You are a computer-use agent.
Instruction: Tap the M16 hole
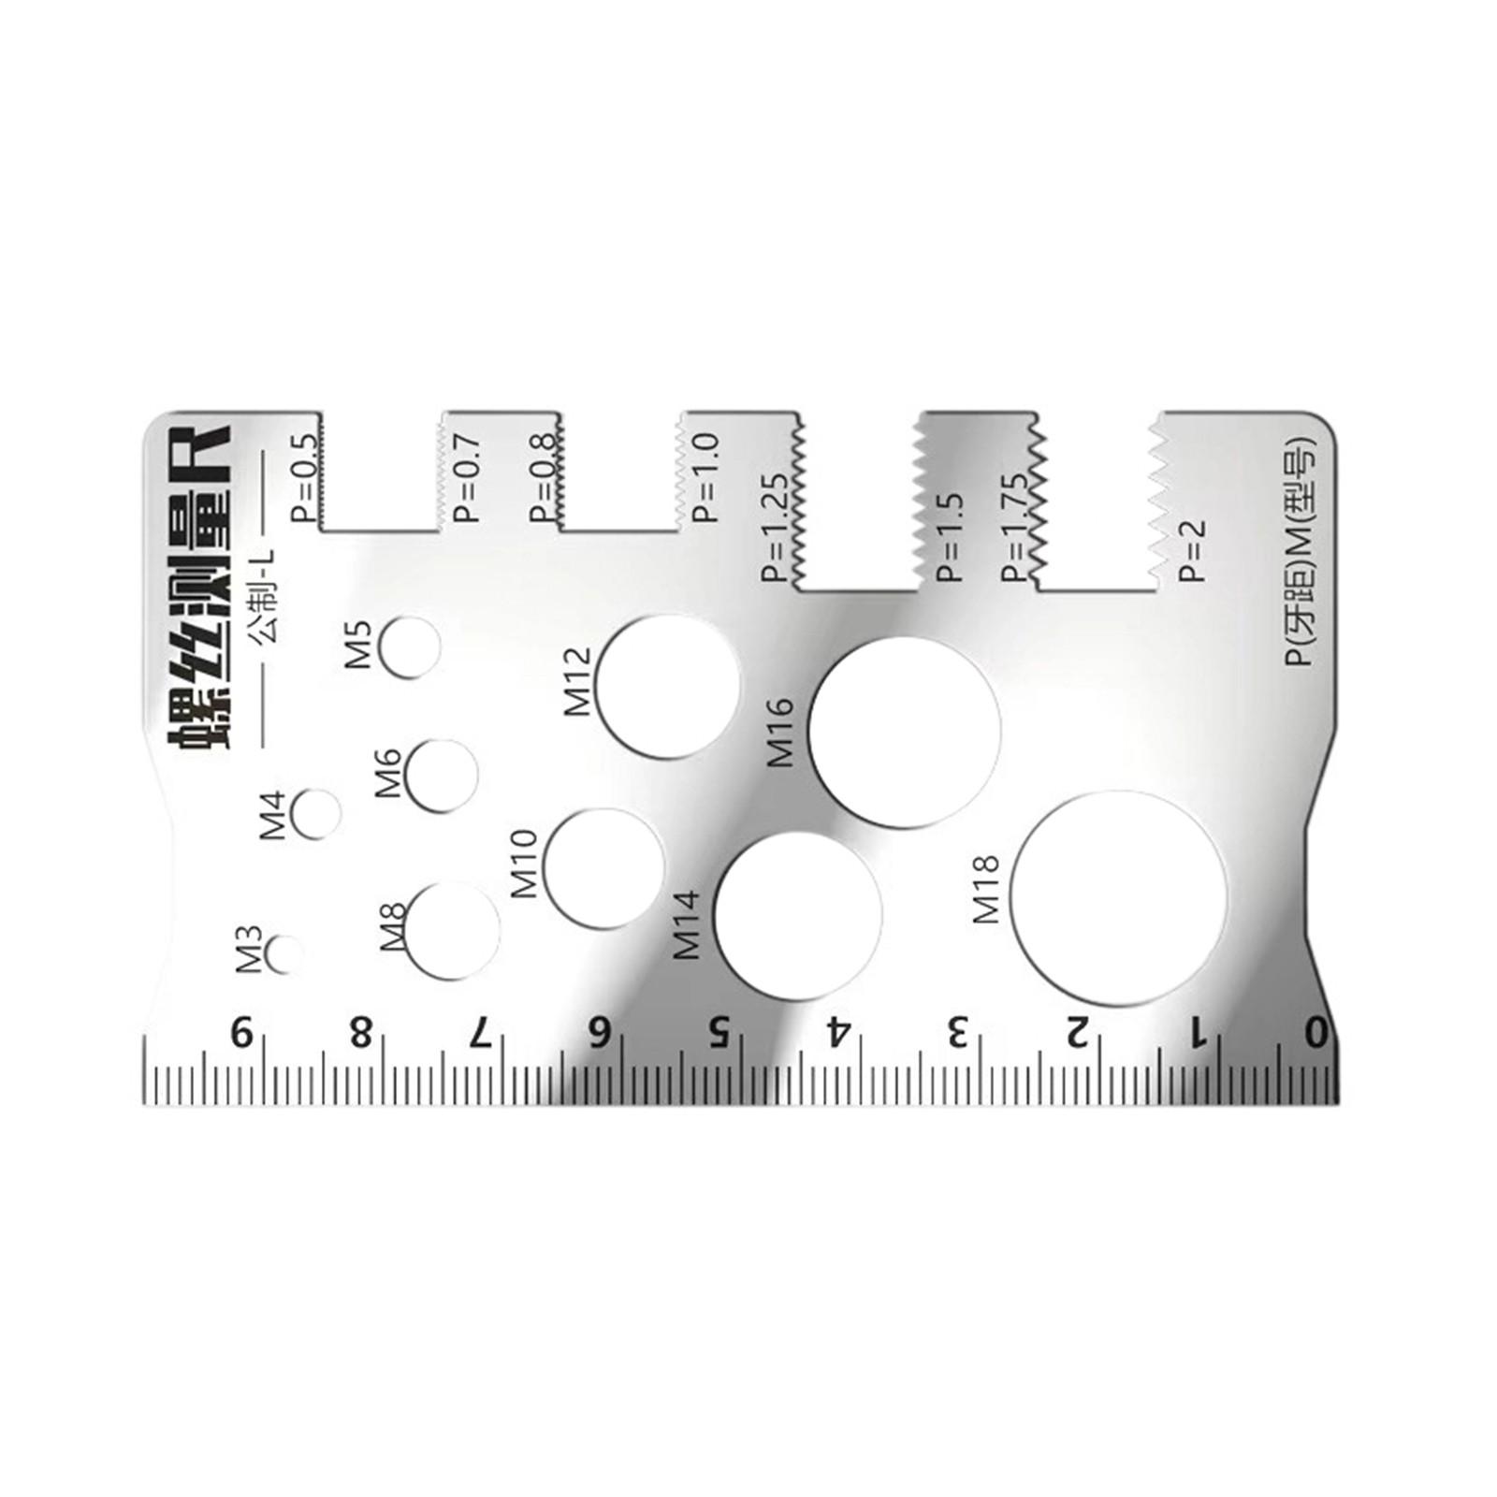(x=905, y=733)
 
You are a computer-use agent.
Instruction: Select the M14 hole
(x=798, y=914)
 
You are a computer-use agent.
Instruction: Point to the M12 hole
(x=667, y=686)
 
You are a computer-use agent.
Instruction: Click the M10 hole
(x=603, y=868)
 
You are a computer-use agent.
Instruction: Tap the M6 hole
(x=442, y=776)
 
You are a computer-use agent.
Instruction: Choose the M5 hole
(x=409, y=647)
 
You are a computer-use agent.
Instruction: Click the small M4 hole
(x=316, y=812)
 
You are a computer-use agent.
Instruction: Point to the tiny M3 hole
(x=284, y=955)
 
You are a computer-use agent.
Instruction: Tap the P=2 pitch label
(x=1193, y=552)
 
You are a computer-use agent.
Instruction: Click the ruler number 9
(x=242, y=1034)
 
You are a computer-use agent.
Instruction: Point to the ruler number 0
(x=1316, y=1034)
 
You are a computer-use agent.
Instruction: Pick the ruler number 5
(x=718, y=1034)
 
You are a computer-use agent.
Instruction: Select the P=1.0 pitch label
(x=706, y=477)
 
